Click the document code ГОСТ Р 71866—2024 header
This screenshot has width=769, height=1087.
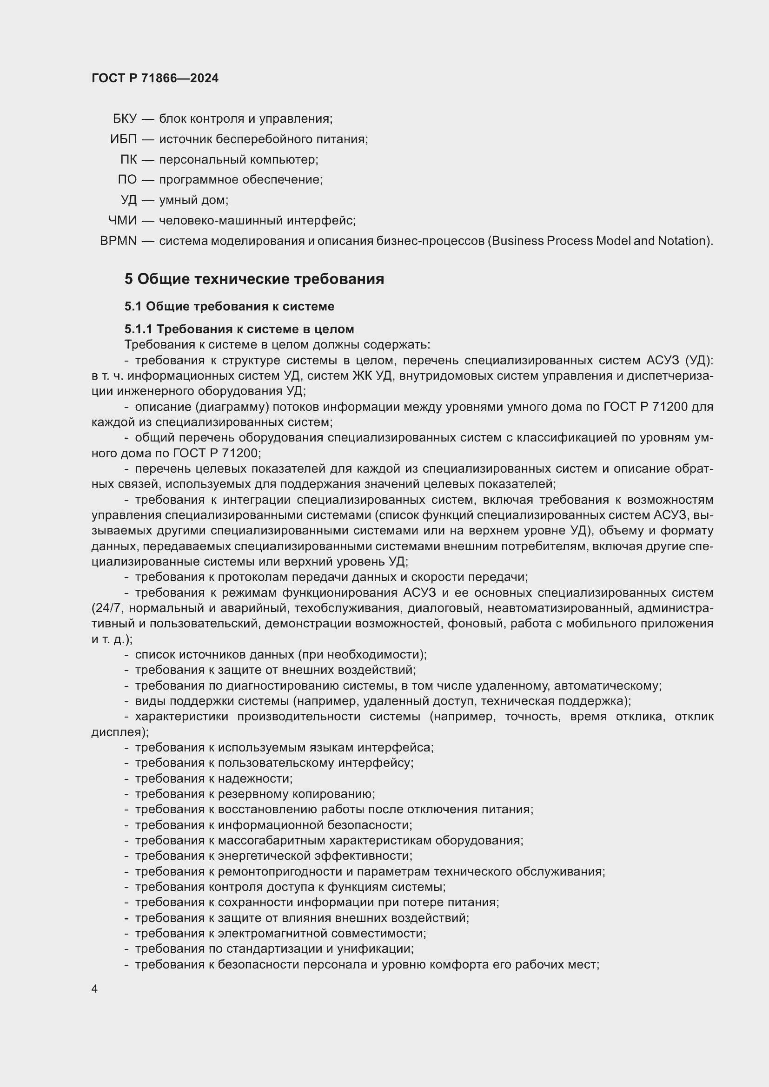(x=155, y=78)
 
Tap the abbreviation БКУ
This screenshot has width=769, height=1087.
(x=125, y=119)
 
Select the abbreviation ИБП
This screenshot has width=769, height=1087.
(x=123, y=139)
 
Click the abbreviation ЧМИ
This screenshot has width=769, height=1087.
(x=122, y=221)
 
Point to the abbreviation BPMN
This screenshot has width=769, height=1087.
(x=119, y=241)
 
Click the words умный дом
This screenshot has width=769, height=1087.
(x=193, y=200)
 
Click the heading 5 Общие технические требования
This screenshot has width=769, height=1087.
(x=254, y=279)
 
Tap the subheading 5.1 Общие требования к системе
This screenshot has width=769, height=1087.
(x=229, y=306)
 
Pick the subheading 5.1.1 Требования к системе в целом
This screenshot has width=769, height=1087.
(x=239, y=329)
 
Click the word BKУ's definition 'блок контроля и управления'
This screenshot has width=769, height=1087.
(x=245, y=119)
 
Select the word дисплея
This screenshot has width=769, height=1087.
(x=119, y=732)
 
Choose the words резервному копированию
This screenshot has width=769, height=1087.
(x=296, y=794)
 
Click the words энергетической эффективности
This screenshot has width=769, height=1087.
(x=314, y=856)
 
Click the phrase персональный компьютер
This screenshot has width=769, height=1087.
(x=238, y=159)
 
